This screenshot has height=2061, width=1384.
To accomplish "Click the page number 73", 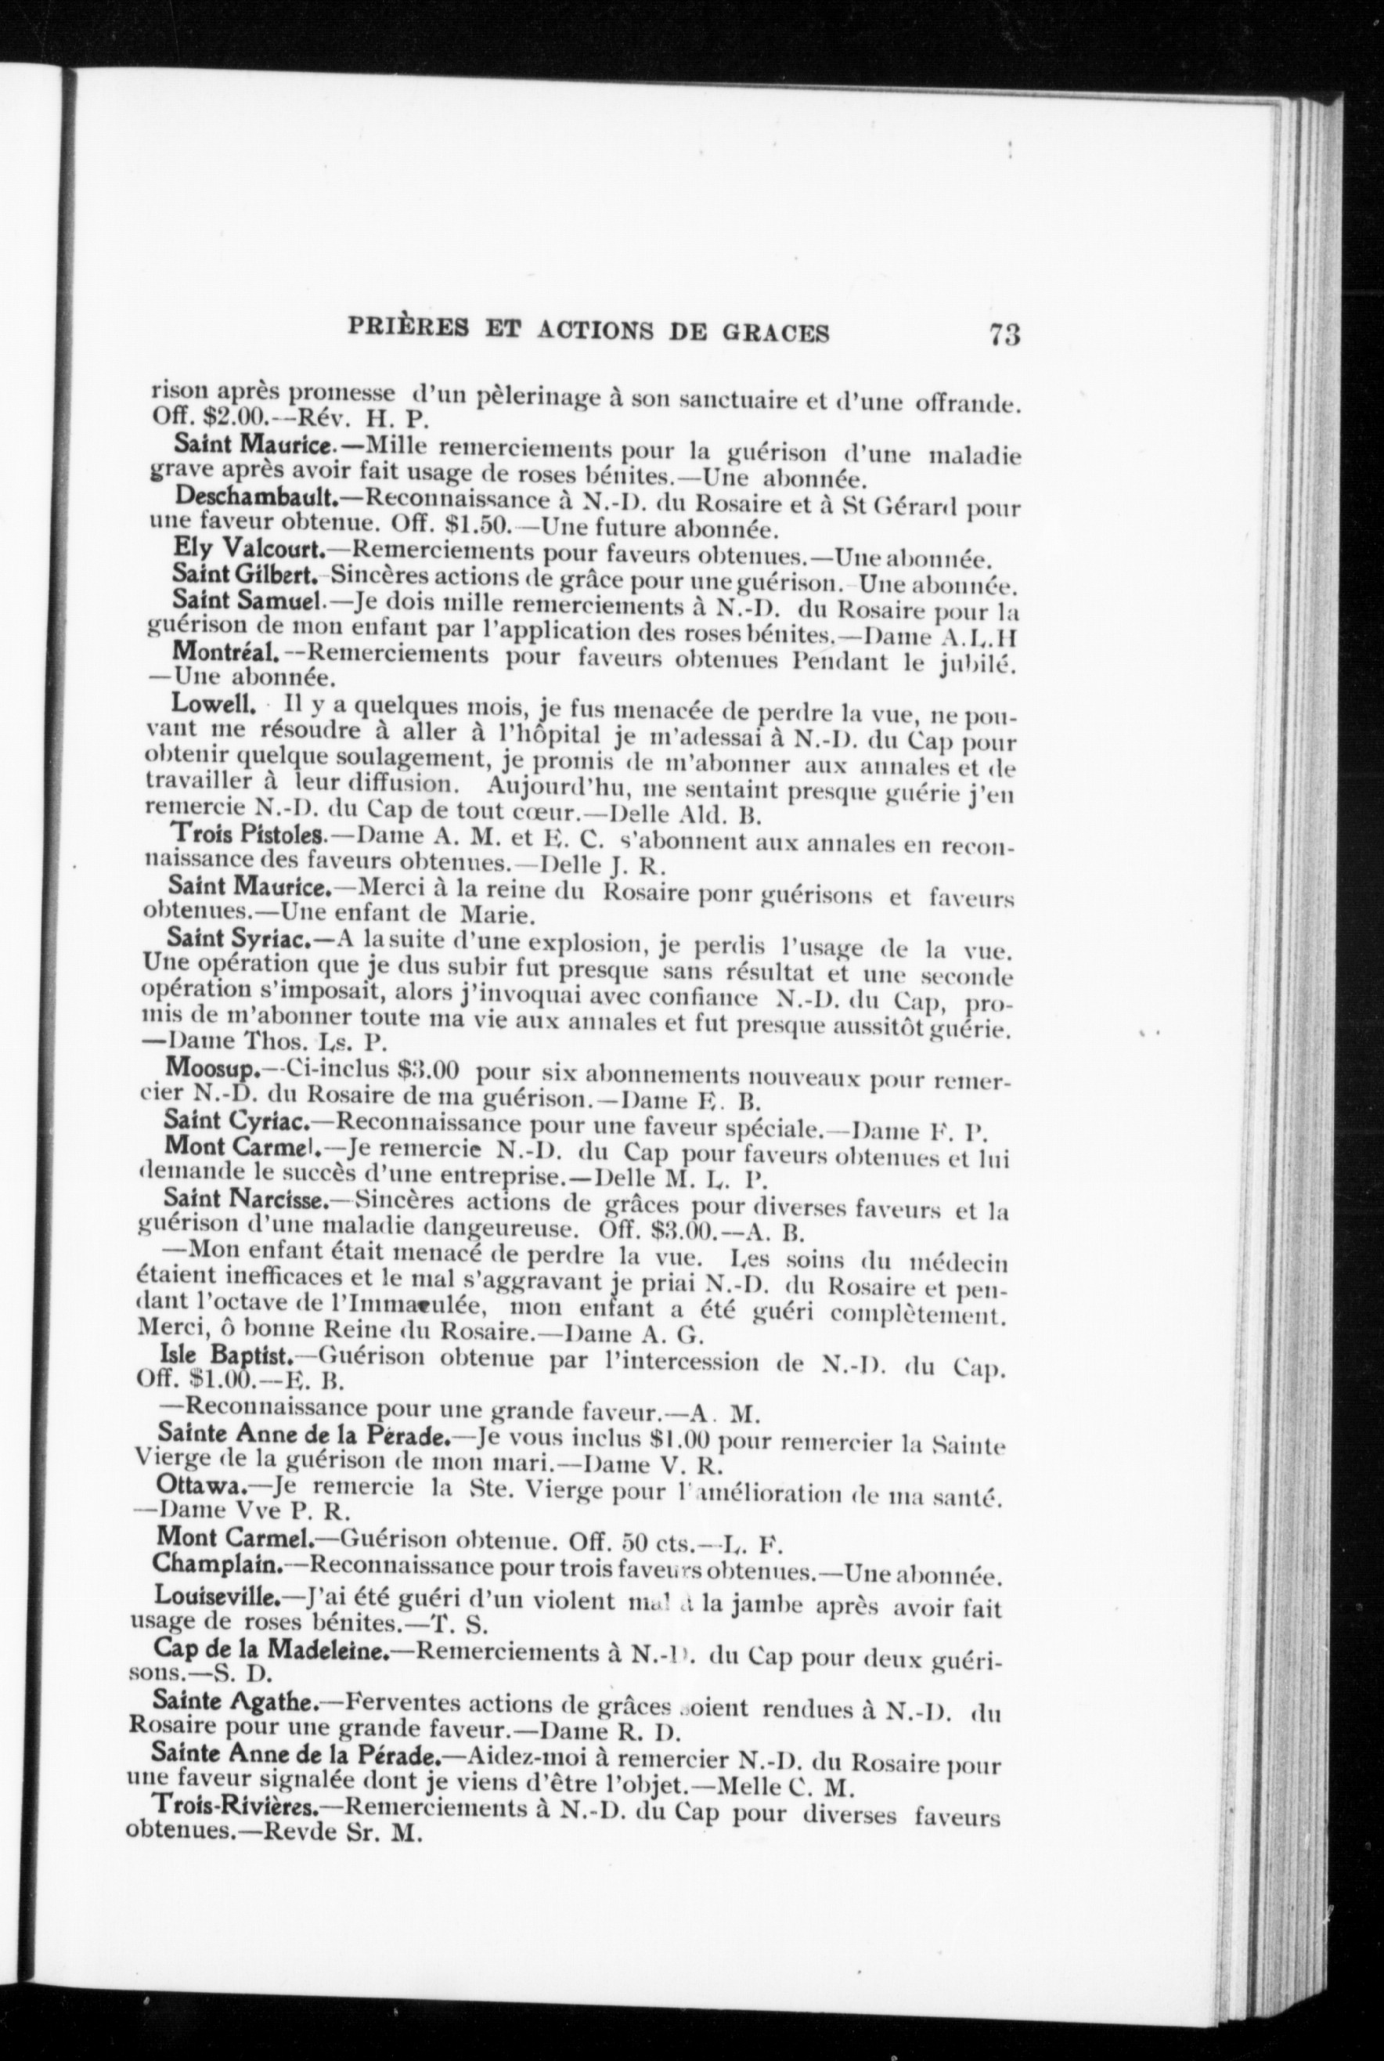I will [x=1004, y=335].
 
